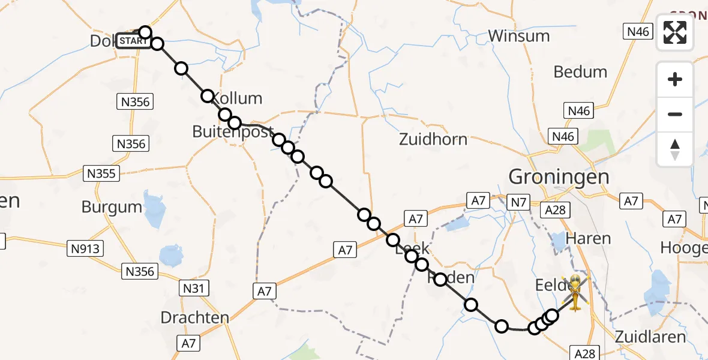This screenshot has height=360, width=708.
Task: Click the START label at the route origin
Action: click(x=132, y=41)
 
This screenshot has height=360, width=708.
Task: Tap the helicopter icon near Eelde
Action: click(x=575, y=293)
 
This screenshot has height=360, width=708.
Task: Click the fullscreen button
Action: click(x=675, y=32)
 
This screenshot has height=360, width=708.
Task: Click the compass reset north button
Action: click(x=675, y=149)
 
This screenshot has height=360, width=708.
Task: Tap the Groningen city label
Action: click(x=559, y=177)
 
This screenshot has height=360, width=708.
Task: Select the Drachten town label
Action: click(x=195, y=317)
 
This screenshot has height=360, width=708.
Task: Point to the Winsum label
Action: click(x=518, y=36)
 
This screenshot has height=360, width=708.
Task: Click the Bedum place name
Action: click(x=580, y=72)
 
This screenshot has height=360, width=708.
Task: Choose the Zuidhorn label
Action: click(x=433, y=140)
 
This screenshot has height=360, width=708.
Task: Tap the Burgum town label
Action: click(x=112, y=208)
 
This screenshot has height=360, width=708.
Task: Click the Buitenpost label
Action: click(x=233, y=132)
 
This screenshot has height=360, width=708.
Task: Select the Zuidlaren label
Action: click(x=650, y=337)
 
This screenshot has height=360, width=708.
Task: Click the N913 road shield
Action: click(x=86, y=248)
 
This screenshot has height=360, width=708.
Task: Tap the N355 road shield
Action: click(x=102, y=174)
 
